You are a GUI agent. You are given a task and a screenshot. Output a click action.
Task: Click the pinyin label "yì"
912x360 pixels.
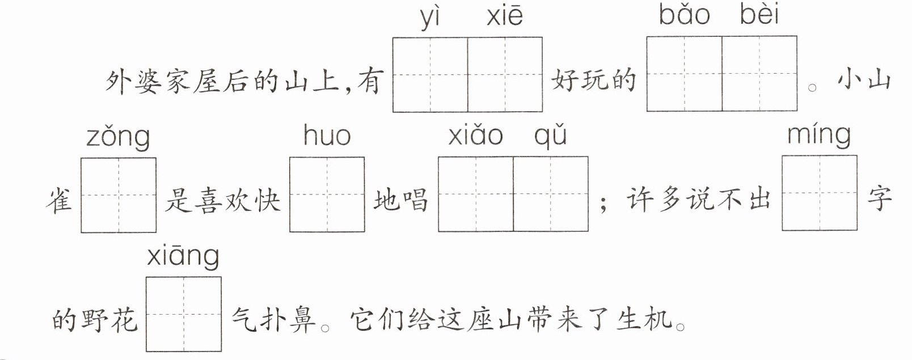tap(430, 17)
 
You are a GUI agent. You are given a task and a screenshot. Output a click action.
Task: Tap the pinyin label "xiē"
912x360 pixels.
tap(504, 16)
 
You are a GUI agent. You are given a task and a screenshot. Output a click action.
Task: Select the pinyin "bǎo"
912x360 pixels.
tap(684, 15)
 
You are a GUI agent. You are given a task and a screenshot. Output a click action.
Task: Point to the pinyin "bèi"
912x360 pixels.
tap(759, 15)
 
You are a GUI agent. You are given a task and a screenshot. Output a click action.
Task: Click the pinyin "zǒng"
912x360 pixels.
tap(118, 138)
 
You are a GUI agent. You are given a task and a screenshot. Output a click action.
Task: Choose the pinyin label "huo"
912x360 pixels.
tap(327, 136)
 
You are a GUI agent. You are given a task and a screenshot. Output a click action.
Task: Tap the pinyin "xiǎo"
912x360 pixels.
tap(475, 136)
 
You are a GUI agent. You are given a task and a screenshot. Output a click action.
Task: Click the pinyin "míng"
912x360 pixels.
tap(819, 135)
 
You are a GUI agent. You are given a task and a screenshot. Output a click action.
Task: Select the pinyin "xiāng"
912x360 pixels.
tap(183, 257)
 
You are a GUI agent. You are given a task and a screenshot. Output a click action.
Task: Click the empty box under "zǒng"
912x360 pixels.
tap(119, 195)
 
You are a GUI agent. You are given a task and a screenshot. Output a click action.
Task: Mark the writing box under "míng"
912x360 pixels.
tap(820, 193)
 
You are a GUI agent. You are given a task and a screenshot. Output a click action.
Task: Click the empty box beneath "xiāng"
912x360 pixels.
tap(184, 314)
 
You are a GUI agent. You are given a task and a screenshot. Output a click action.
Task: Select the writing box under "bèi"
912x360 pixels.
tap(759, 74)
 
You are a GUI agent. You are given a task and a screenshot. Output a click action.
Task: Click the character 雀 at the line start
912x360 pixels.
tap(60, 200)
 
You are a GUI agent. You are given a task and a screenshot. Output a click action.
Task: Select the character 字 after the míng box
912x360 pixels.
tap(879, 198)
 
